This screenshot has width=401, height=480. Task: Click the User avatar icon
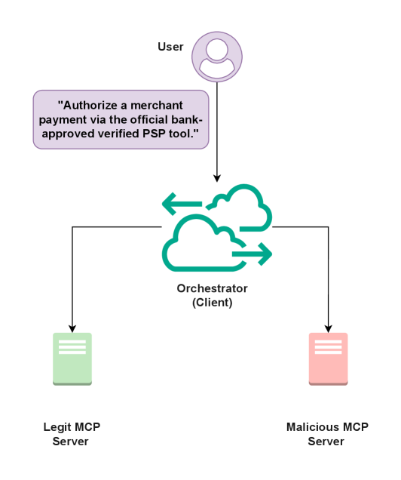217,57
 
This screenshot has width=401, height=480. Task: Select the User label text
170,47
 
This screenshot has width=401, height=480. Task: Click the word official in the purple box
140,119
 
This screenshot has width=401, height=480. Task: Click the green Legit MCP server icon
72,359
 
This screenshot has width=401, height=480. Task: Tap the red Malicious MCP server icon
328,359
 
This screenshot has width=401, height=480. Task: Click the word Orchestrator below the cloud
212,288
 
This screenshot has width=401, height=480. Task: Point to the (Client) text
212,303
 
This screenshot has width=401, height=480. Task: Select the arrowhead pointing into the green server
72,328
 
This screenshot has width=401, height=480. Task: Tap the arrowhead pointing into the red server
328,328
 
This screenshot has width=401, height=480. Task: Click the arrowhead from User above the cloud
217,177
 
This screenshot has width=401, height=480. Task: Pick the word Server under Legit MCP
70,441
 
